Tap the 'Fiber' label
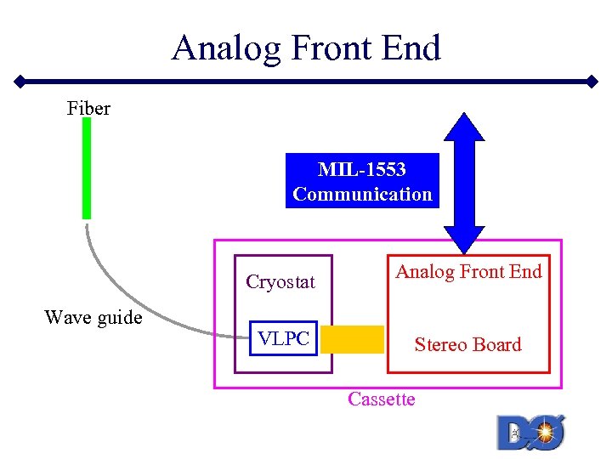88,108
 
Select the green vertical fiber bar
86,168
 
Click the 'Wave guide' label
93,318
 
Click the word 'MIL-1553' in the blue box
362,170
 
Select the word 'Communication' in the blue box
362,194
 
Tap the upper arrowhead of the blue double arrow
464,127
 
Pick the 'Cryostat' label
280,282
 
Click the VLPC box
284,338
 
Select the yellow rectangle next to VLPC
352,339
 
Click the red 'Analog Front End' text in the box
468,272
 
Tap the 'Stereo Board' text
467,344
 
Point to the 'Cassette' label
381,399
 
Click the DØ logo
530,431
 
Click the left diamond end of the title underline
19,83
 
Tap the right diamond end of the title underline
593,82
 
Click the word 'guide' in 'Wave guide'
119,318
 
